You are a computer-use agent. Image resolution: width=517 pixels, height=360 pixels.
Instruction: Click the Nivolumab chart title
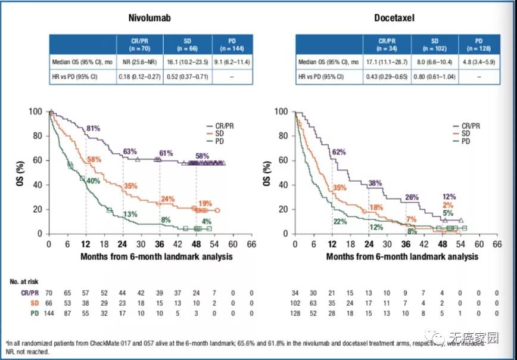(x=151, y=18)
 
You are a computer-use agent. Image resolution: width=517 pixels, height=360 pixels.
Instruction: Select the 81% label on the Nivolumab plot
(x=94, y=129)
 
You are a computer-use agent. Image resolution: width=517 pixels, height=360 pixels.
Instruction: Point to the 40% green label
(x=93, y=181)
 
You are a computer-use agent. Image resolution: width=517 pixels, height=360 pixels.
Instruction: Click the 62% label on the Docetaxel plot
(x=340, y=153)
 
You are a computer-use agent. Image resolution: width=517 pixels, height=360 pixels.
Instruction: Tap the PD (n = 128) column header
(x=475, y=43)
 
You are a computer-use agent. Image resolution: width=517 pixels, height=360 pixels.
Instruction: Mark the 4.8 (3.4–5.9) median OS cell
(x=475, y=61)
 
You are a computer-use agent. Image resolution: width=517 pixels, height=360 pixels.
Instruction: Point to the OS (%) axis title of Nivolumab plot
(x=19, y=173)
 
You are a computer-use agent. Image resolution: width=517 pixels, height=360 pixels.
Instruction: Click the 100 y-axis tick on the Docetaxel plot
(x=282, y=111)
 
